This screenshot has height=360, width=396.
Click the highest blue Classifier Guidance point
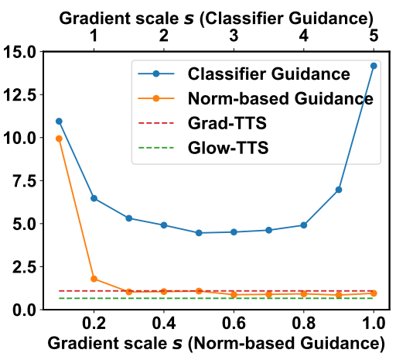point(374,66)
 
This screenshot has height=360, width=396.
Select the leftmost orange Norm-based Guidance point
point(59,139)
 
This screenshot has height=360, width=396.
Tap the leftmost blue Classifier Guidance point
point(59,122)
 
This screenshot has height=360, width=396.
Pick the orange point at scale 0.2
point(94,279)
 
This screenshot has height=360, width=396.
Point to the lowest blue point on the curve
point(199,233)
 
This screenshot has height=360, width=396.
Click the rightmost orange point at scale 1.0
point(374,293)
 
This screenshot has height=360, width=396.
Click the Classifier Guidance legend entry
point(244,74)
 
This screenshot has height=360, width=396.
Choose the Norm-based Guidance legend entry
point(255,98)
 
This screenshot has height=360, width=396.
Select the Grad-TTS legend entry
point(202,123)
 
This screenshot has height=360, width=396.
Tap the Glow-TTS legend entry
point(203,148)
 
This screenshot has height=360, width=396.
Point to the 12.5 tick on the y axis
point(19,95)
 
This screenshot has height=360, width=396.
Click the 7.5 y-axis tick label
point(24,181)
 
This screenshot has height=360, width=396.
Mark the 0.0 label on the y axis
point(24,310)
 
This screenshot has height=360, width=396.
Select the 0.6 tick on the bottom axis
point(234,323)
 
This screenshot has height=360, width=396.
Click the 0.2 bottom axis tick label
point(94,323)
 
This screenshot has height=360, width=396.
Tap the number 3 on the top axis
point(234,36)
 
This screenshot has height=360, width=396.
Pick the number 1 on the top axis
point(94,36)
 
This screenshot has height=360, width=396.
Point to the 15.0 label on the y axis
point(19,52)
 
